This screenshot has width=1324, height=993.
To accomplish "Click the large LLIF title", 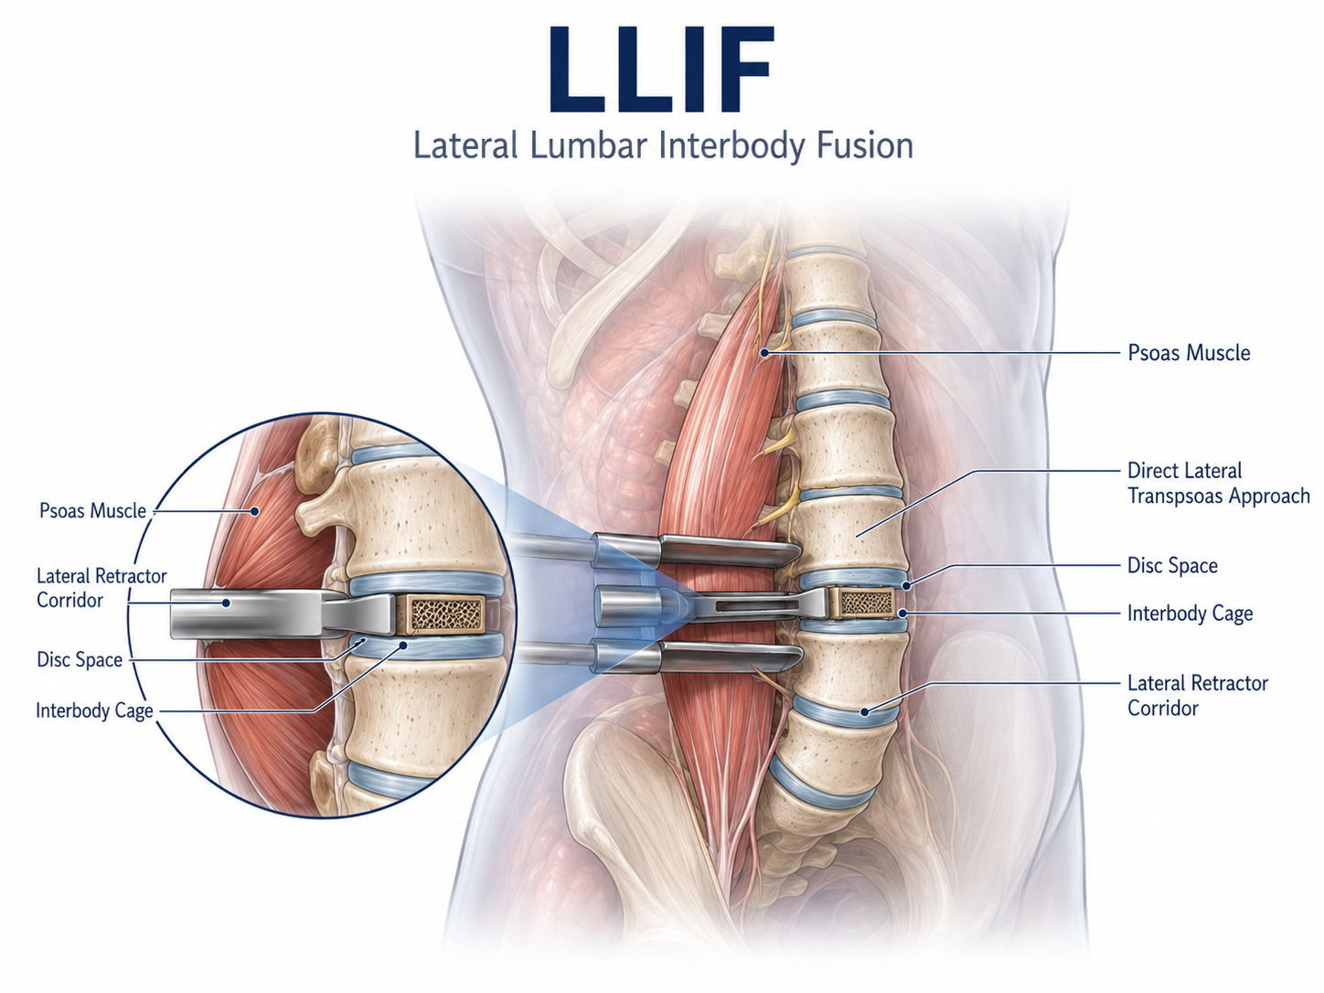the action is click(x=661, y=69).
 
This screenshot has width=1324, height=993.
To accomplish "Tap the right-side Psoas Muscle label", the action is click(x=1189, y=353).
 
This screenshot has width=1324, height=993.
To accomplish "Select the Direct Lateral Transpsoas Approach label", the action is click(x=1219, y=483).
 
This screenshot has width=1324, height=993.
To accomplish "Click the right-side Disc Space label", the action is click(x=1172, y=565).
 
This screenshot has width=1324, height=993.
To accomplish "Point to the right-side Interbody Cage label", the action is click(x=1191, y=614).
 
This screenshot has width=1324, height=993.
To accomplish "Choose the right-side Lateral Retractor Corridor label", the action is click(x=1198, y=695).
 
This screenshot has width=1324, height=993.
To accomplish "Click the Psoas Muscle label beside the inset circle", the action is click(x=93, y=511).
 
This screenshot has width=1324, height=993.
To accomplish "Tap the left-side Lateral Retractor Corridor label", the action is click(x=101, y=588).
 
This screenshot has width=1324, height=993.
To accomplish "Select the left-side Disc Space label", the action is click(x=80, y=659).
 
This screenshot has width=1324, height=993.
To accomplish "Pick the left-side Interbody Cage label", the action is click(x=95, y=710).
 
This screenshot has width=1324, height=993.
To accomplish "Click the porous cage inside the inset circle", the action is click(x=447, y=614).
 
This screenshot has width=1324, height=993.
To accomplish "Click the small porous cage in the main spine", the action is click(x=867, y=603).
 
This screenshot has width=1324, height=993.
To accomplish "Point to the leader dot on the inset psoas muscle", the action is click(x=255, y=511).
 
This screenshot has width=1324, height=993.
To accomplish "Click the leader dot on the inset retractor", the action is click(x=226, y=603).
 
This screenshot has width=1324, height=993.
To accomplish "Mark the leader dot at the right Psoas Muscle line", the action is click(x=764, y=353).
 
